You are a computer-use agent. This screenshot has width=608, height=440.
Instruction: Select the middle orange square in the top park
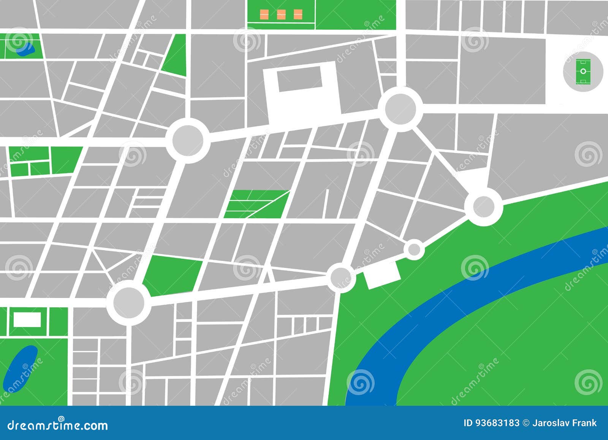tap(281, 14)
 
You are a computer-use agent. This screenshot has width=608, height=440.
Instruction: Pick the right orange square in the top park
tap(297, 14)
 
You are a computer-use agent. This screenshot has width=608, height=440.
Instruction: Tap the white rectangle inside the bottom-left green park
tap(27, 319)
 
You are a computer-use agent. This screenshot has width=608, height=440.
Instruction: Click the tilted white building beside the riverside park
tap(382, 275)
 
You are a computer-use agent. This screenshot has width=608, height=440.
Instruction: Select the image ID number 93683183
tap(498, 423)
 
